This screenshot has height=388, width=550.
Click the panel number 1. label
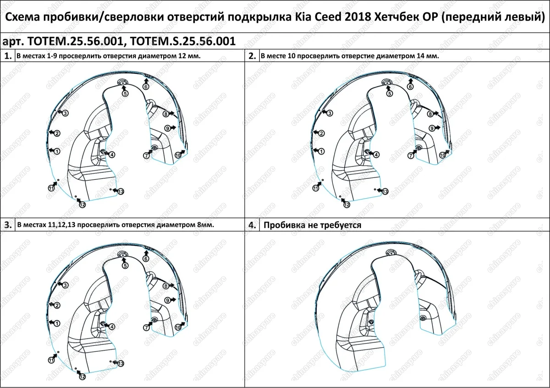point(7,56)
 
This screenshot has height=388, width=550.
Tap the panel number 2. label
point(252,56)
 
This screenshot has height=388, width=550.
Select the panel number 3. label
point(7,225)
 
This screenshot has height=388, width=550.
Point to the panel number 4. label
point(252,225)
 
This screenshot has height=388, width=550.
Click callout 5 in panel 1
point(125,93)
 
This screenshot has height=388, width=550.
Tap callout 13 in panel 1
point(121,191)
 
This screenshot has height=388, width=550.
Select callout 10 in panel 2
point(442,155)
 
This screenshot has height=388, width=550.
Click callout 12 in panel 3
point(82,377)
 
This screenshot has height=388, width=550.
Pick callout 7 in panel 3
point(146,327)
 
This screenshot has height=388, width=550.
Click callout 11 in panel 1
point(51,188)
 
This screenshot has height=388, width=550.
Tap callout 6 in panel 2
point(410,86)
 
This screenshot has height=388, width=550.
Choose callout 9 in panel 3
point(168,300)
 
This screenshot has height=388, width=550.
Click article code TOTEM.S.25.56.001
point(183,41)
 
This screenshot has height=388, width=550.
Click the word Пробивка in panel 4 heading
point(284,225)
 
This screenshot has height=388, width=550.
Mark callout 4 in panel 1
point(112,155)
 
